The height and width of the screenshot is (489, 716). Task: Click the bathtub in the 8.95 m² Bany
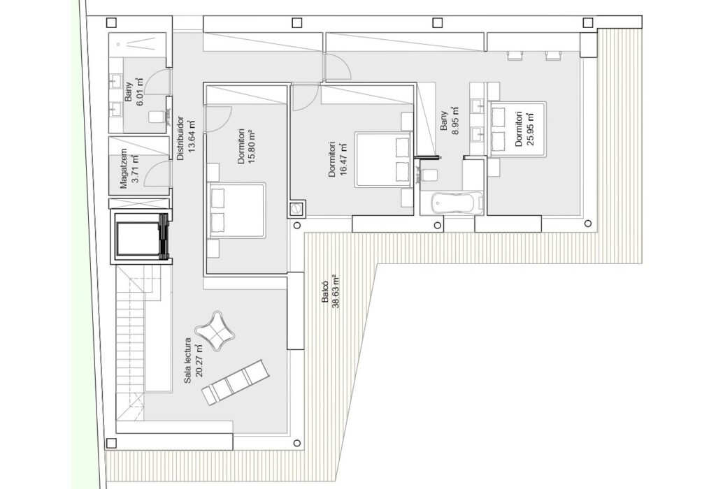(x=457, y=203)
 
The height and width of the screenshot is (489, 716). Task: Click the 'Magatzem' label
(x=123, y=169)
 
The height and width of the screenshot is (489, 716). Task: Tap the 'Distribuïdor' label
(x=181, y=138)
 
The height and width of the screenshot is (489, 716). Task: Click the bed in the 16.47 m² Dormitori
(x=384, y=160)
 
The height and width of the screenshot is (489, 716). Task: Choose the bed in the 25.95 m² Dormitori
(x=518, y=129)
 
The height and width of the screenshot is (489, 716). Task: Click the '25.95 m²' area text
(x=530, y=129)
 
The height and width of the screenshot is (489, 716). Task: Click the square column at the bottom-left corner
(x=111, y=443)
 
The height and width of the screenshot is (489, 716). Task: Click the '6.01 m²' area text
(x=140, y=92)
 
